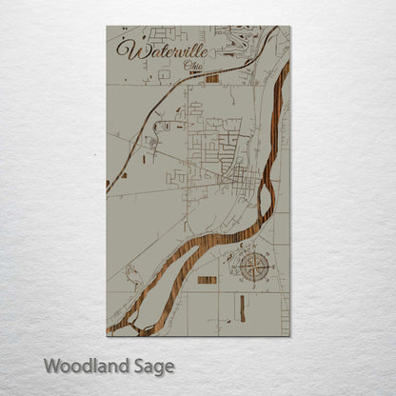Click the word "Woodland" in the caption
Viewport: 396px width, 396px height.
(84, 365)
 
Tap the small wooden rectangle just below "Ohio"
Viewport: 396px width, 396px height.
(211, 78)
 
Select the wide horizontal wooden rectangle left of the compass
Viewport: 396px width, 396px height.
(207, 280)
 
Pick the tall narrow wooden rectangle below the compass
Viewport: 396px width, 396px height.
(241, 306)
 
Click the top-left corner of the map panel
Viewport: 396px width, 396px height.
(107, 27)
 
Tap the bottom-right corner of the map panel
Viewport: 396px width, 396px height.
(289, 336)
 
